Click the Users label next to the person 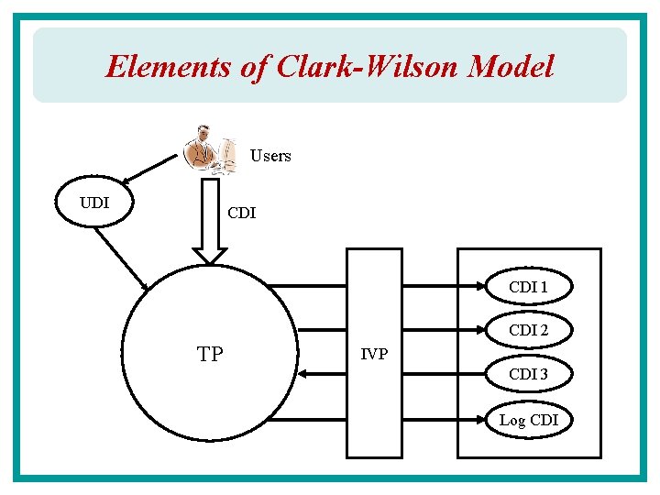270,156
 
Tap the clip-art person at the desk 208,148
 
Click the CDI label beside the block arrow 242,214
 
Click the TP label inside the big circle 210,354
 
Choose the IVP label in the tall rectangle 373,354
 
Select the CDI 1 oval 529,287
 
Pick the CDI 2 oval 529,330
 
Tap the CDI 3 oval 529,374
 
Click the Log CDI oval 529,421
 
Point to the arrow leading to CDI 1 385,287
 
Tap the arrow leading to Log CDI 385,421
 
